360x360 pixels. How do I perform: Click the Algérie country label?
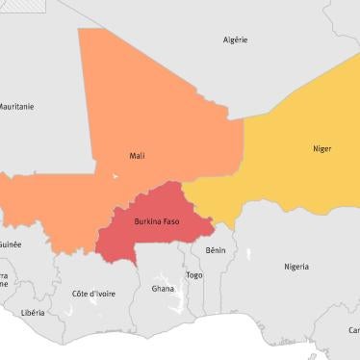[235, 39]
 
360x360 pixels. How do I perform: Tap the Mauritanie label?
[15, 106]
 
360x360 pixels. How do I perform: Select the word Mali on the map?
[138, 155]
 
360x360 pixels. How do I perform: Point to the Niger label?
[321, 148]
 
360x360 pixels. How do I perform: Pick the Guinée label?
[11, 244]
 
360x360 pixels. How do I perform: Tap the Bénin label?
[216, 249]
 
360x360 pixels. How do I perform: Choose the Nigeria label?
[296, 267]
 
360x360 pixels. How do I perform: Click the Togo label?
[194, 274]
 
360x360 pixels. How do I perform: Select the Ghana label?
[163, 288]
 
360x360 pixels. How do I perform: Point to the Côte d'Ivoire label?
[93, 294]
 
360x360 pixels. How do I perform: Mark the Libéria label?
[33, 313]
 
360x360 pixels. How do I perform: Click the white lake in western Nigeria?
[248, 255]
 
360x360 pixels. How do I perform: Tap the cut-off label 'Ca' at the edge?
[353, 330]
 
